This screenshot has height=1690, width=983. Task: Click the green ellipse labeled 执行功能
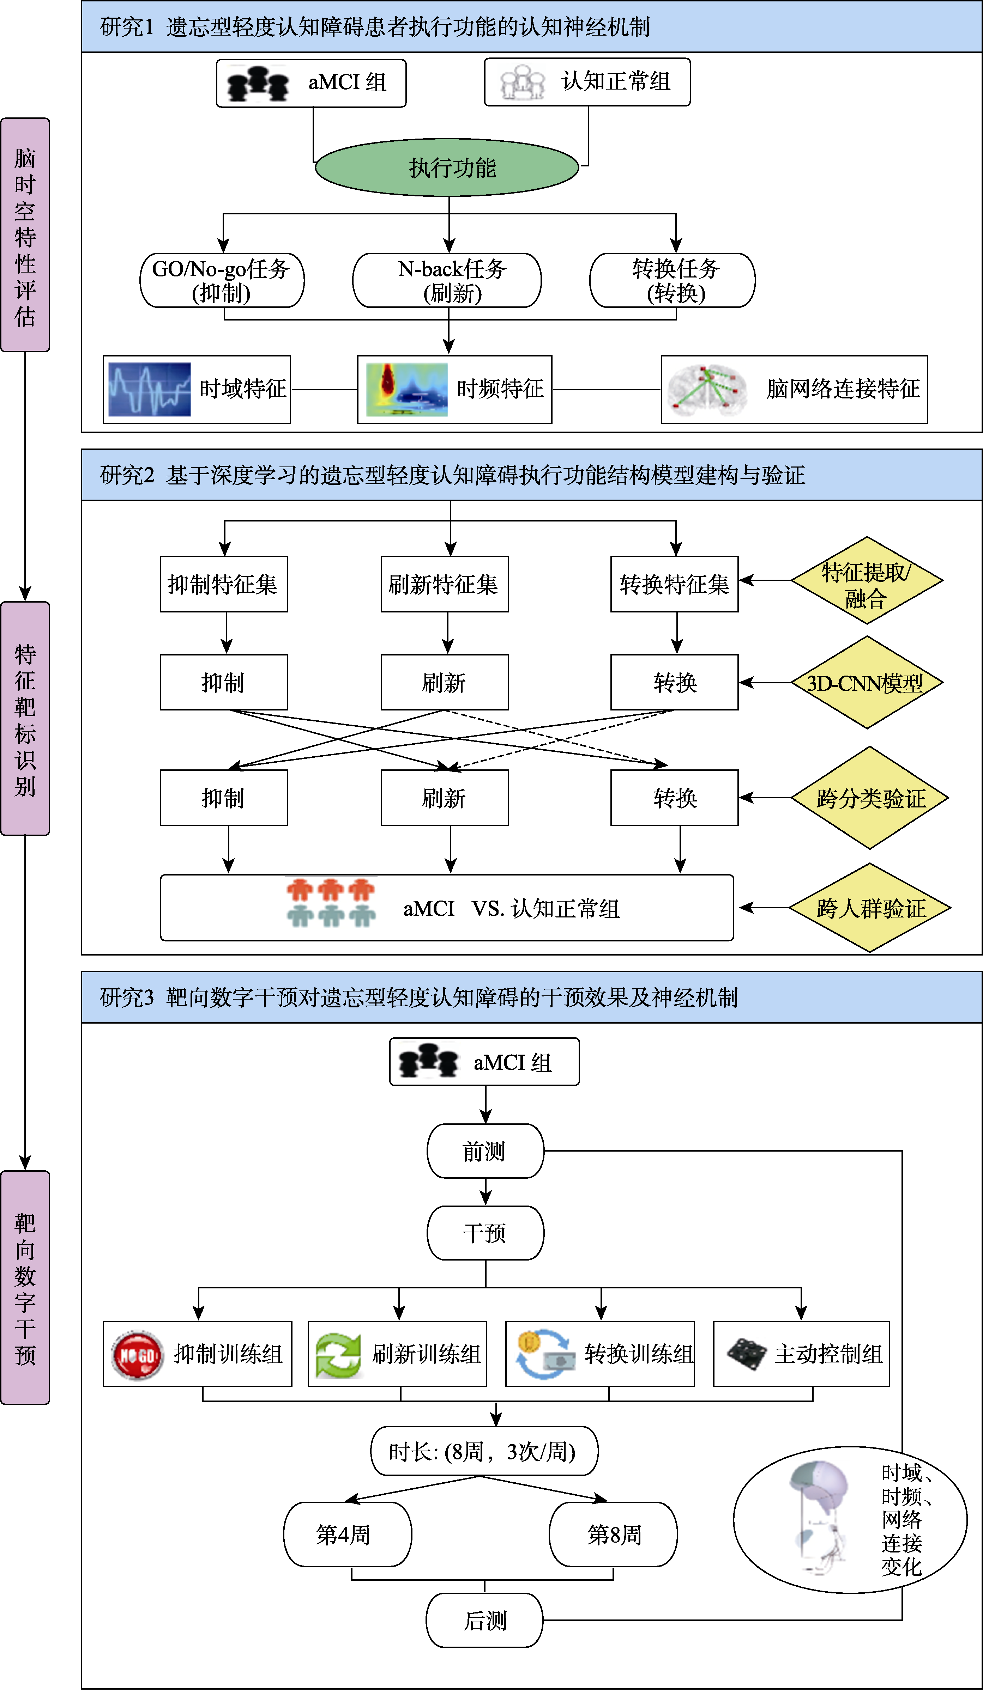point(447,167)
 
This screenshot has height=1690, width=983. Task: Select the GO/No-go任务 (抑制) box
point(222,280)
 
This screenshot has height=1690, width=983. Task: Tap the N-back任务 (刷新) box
point(447,280)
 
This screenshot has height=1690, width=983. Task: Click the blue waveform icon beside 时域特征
point(150,389)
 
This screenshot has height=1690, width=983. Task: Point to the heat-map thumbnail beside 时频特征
point(406,389)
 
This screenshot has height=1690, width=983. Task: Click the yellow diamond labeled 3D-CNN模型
point(867,683)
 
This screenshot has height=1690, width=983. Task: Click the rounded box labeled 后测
point(484,1620)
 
